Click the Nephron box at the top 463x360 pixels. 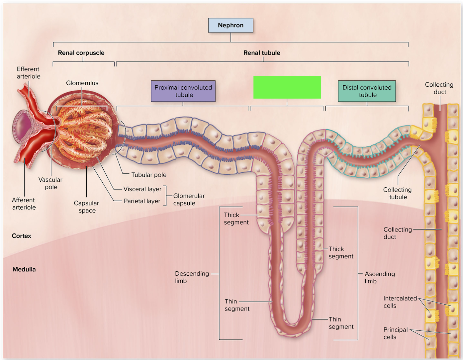(231, 25)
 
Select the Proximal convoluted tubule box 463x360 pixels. (183, 91)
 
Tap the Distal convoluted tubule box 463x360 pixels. (367, 91)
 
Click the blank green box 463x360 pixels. (287, 87)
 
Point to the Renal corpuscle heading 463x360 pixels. (81, 52)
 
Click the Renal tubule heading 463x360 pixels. (262, 52)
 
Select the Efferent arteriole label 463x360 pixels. (28, 73)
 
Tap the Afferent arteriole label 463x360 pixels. (24, 204)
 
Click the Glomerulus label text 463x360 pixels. (82, 83)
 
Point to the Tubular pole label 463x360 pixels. (149, 175)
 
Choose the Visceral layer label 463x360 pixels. (142, 189)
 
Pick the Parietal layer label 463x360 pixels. (142, 201)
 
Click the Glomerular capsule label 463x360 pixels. (189, 199)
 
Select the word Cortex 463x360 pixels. (22, 236)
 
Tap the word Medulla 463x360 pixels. (24, 269)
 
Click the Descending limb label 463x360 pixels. (192, 277)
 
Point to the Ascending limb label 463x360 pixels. (380, 277)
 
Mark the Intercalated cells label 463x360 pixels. (400, 302)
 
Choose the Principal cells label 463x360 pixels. (396, 333)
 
